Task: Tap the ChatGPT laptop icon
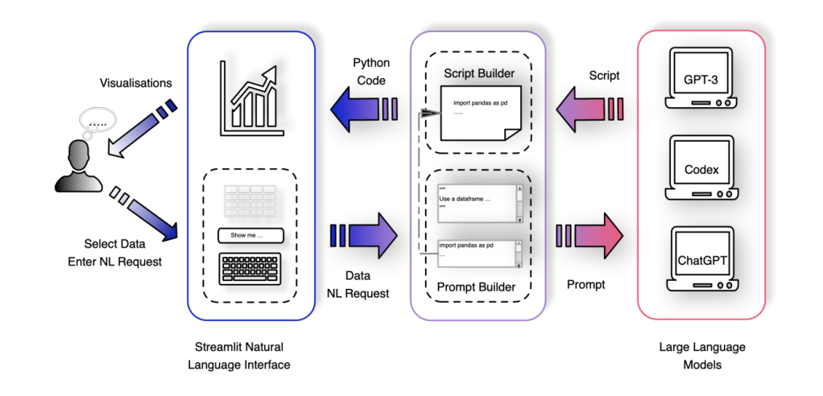[700, 258]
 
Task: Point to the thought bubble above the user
[97, 124]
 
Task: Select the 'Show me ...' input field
[250, 235]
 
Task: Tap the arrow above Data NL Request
[364, 236]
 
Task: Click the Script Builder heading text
[479, 74]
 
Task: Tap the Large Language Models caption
[701, 356]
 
